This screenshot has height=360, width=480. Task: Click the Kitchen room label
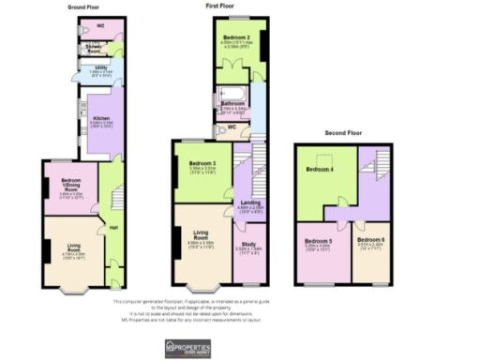pyautogui.click(x=100, y=119)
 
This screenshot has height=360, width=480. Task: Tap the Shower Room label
pyautogui.click(x=95, y=44)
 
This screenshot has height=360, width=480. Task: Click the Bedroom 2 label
pyautogui.click(x=235, y=38)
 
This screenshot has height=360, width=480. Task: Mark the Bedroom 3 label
pyautogui.click(x=193, y=165)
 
